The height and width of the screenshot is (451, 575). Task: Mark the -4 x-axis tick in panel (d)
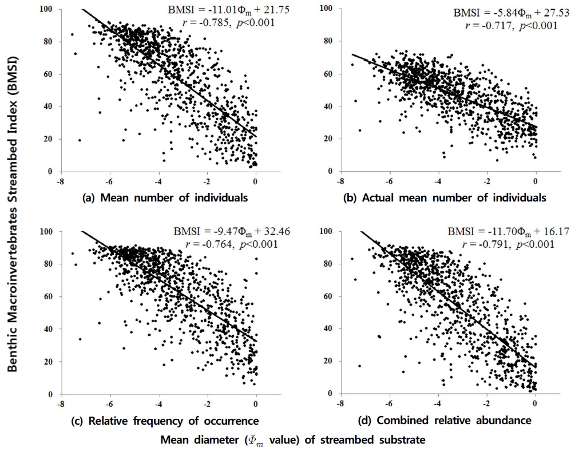tap(438, 403)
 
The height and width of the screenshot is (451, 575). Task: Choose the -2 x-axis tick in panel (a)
tap(207, 181)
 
